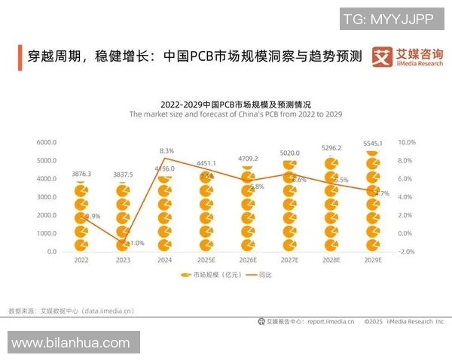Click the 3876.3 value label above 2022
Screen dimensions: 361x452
(82, 174)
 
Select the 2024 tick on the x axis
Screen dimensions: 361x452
(165, 259)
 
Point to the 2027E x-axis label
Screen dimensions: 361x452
(289, 259)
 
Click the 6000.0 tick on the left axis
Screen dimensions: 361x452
(46, 142)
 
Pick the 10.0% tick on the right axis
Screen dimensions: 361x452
(406, 142)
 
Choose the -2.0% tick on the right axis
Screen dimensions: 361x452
(406, 252)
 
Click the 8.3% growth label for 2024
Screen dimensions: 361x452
(167, 151)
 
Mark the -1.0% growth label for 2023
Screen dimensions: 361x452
(136, 243)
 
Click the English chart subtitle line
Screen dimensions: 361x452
(236, 115)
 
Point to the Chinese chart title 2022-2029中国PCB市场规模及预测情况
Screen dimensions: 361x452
(236, 104)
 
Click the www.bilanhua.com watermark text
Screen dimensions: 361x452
(70, 343)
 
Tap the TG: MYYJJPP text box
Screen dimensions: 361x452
(388, 18)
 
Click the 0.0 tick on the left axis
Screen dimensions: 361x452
(52, 252)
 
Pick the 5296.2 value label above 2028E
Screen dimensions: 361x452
(331, 148)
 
